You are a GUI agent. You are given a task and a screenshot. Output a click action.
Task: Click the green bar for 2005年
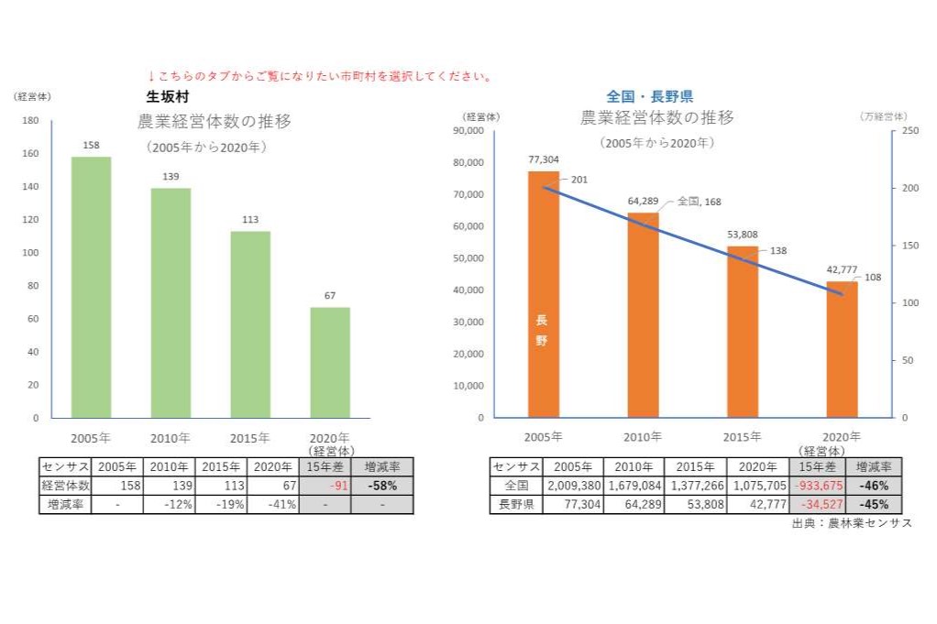pos(91,287)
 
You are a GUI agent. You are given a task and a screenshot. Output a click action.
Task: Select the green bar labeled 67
pos(329,362)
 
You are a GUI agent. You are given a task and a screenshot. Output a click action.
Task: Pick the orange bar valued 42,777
pos(842,349)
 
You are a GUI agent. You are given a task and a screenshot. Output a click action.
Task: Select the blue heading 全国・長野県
pos(650,96)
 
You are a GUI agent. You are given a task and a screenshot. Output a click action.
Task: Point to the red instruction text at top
pos(319,76)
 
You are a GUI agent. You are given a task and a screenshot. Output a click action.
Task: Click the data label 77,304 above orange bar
pos(544,159)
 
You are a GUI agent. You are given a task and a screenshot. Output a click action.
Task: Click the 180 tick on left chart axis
pos(30,121)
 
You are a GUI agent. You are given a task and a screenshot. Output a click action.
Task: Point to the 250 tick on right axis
pos(909,131)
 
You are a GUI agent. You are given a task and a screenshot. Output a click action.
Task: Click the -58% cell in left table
pos(381,486)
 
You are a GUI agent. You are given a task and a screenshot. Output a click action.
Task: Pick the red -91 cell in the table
pos(325,486)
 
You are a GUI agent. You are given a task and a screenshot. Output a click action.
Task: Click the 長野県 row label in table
pos(516,504)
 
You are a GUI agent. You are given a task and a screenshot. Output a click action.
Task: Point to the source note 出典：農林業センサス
pos(852,523)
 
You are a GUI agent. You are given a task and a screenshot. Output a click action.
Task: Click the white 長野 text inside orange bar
pos(541,330)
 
